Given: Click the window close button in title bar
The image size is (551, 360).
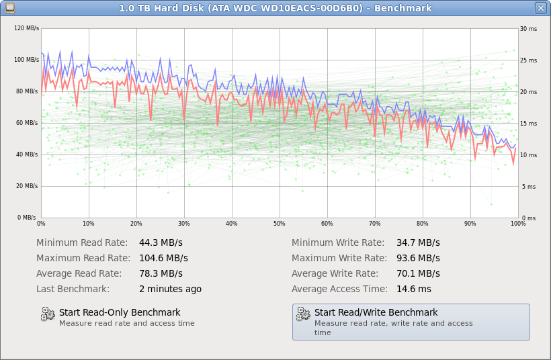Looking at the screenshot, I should coord(541,8).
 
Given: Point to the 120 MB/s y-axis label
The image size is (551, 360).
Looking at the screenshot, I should coord(26,29).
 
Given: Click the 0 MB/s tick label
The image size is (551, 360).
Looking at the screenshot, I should coord(27,218).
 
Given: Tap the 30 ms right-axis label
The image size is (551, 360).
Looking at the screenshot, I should coord(528,29).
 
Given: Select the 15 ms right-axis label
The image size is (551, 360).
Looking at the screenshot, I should coord(528,124).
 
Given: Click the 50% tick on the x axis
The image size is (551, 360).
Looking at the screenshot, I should coord(280,224).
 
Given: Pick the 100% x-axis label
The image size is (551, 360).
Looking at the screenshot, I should coord(517,224).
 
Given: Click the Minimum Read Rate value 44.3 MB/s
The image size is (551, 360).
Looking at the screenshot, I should coord(161,242).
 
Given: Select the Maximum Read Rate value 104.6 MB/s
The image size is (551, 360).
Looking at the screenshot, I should coord(163,258).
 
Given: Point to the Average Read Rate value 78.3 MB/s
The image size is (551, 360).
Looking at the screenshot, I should coord(161,273).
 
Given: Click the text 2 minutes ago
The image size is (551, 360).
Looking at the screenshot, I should coord(170,289).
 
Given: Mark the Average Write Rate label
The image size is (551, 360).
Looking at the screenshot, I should coord(335,273).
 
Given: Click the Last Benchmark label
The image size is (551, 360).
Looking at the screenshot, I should coord(73,289).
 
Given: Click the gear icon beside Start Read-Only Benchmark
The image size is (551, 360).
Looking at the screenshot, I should coord(48,314).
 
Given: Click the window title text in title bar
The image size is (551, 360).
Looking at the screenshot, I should coord(275,8).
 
